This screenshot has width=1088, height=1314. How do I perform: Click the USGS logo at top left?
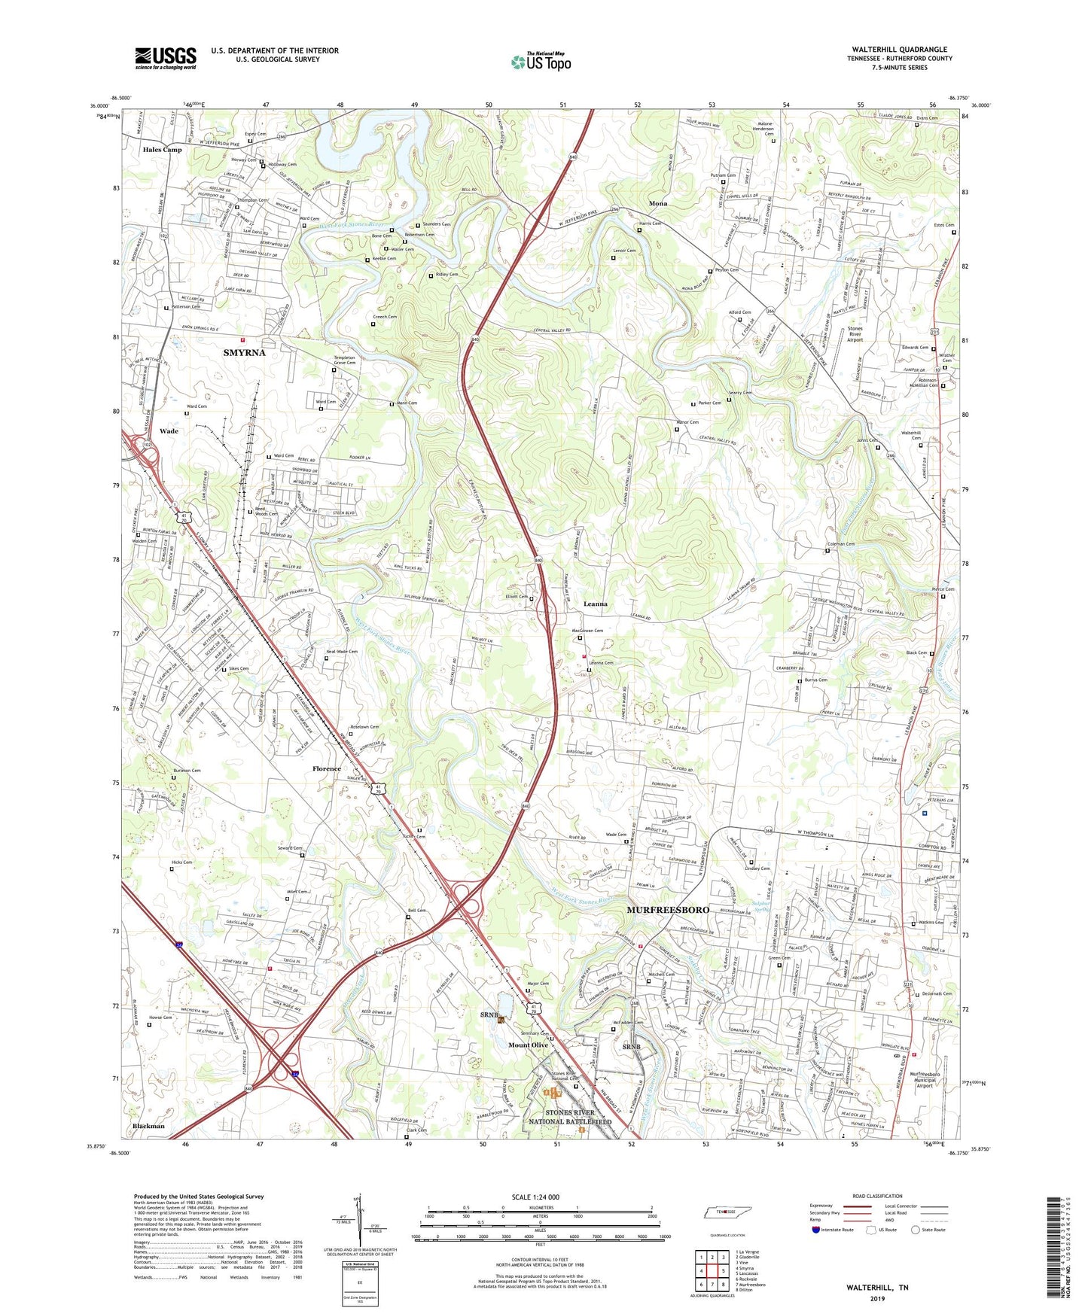point(166,57)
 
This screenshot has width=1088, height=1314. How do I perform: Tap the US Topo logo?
point(541,62)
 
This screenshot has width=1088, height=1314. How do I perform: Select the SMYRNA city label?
point(245,352)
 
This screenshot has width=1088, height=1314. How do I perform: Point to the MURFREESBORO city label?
point(668,910)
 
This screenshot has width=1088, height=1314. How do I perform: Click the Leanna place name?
point(595,604)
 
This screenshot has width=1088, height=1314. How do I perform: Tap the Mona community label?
point(658,204)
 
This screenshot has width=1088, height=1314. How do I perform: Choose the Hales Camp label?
point(162,150)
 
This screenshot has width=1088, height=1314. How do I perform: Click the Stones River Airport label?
point(855,334)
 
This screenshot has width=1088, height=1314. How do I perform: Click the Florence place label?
point(327,768)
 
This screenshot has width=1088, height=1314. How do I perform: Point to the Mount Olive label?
point(528,1045)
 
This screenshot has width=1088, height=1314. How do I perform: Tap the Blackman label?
point(148,1126)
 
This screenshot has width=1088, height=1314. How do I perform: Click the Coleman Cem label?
point(841,543)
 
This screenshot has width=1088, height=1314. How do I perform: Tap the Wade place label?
point(169,431)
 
